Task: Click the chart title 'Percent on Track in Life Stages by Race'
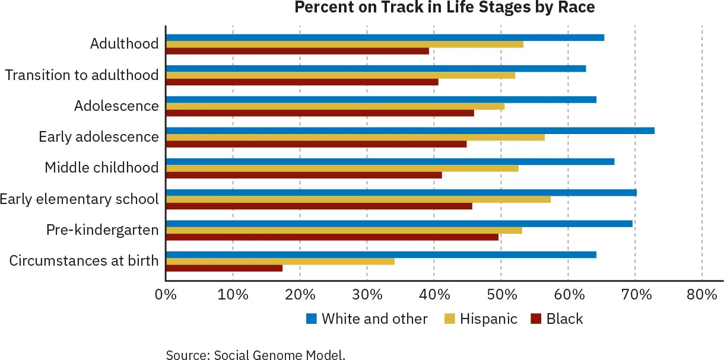(444, 8)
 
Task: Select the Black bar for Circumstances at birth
(224, 268)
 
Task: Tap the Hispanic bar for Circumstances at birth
(280, 261)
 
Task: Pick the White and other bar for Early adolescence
(410, 130)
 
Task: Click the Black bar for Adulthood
(297, 51)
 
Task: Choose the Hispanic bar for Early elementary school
(358, 199)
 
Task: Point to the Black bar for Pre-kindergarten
(332, 237)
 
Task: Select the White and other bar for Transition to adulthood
(376, 69)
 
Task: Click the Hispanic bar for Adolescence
(335, 106)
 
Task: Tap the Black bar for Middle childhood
(304, 175)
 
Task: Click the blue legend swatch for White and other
(312, 319)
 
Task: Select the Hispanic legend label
(488, 319)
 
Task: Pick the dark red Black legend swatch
(536, 319)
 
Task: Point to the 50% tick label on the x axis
(501, 295)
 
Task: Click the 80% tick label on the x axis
(702, 295)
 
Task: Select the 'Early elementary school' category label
(80, 199)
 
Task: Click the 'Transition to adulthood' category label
(82, 75)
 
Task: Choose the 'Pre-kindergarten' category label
(103, 230)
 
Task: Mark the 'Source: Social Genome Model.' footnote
(255, 355)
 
